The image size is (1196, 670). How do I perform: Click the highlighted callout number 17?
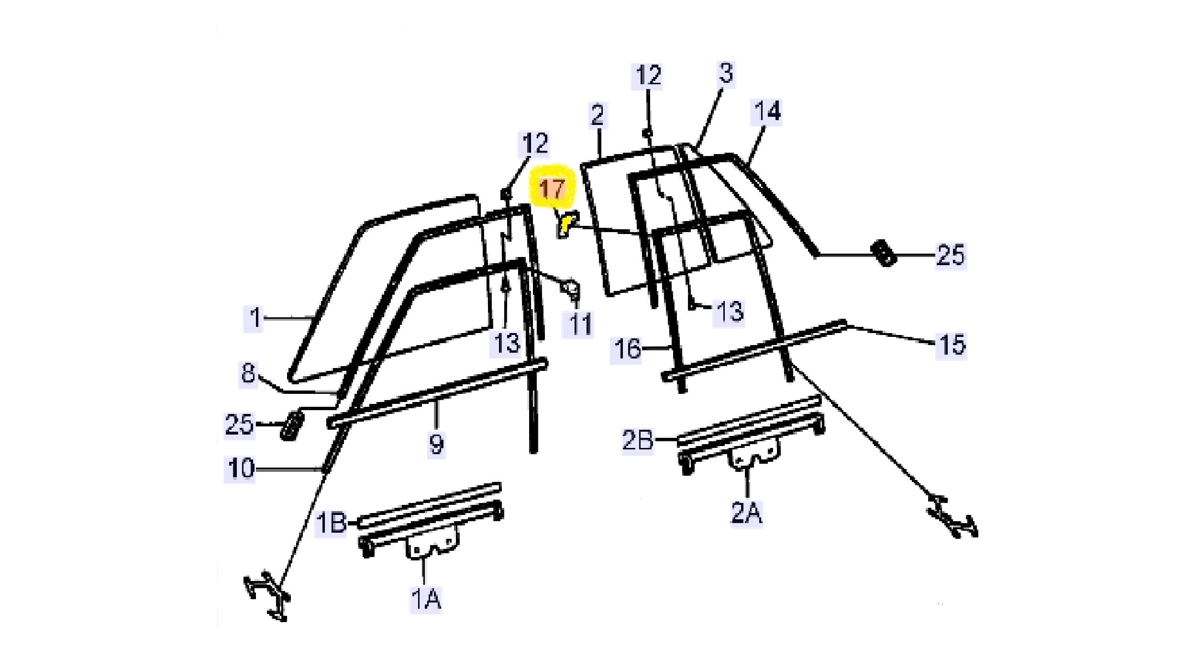552,189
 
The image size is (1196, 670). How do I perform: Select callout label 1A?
426,598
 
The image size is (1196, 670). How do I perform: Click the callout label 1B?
332,523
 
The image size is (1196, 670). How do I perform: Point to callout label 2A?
746,513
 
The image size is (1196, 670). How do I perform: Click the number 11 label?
580,324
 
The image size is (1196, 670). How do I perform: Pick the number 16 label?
627,348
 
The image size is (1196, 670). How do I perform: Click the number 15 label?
951,344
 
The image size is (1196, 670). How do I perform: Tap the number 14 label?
767,111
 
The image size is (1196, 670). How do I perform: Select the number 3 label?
726,73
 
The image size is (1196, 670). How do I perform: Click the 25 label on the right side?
951,255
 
